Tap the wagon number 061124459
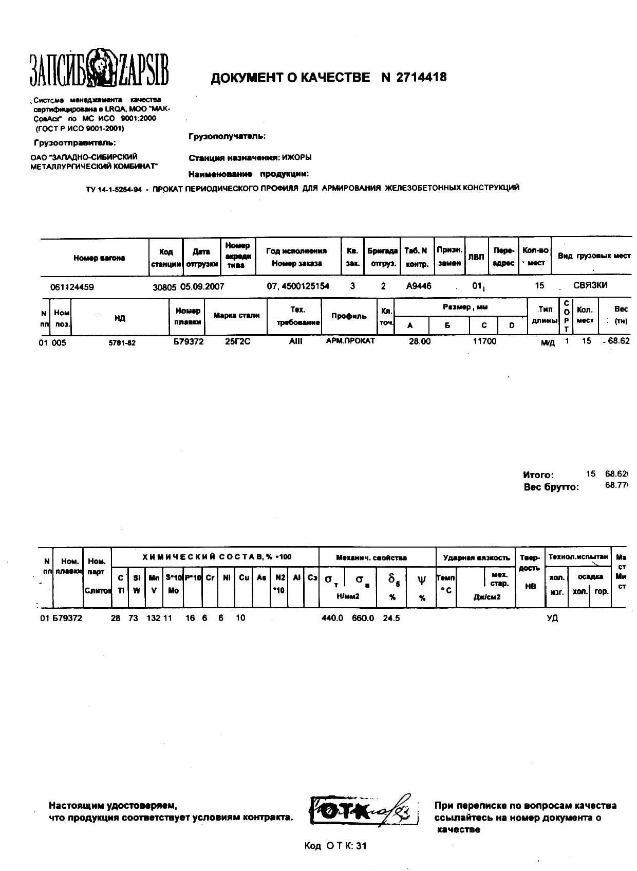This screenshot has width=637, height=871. pyautogui.click(x=72, y=287)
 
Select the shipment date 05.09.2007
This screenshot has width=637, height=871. pyautogui.click(x=202, y=286)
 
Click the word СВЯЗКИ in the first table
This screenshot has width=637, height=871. pyautogui.click(x=590, y=285)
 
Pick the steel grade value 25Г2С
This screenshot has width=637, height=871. pyautogui.click(x=238, y=341)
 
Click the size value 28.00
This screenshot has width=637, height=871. pyautogui.click(x=420, y=341)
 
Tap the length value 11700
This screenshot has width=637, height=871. pyautogui.click(x=484, y=341)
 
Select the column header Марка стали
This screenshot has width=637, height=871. pyautogui.click(x=237, y=316)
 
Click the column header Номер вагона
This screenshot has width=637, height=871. pyautogui.click(x=99, y=258)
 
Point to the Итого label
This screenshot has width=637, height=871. pyautogui.click(x=538, y=475)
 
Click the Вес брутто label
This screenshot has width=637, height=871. pyautogui.click(x=551, y=487)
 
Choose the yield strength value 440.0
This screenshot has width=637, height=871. pyautogui.click(x=332, y=618)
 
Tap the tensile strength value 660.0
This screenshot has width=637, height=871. pyautogui.click(x=363, y=618)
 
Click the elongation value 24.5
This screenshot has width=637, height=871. pyautogui.click(x=391, y=618)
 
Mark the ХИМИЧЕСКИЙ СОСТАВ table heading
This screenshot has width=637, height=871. pyautogui.click(x=217, y=557)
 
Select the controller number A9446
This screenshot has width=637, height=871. pyautogui.click(x=419, y=286)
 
